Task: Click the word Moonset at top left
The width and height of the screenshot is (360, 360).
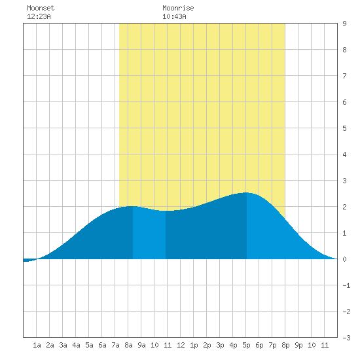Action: coord(41,8)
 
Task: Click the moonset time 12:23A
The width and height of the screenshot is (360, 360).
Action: coord(39,16)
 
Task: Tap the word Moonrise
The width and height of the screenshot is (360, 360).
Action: coord(178,8)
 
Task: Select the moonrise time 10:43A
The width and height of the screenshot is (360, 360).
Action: coord(174,16)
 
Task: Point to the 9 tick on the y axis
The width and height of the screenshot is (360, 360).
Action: coord(344,24)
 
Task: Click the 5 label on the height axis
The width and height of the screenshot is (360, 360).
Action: coord(344,128)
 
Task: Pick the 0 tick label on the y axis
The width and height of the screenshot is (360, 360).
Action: coord(344,259)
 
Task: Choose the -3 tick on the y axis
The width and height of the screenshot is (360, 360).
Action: coord(346,338)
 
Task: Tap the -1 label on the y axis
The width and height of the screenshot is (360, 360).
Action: coord(346,285)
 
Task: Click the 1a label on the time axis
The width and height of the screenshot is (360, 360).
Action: coord(37,345)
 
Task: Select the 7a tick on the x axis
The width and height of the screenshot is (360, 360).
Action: coord(115,345)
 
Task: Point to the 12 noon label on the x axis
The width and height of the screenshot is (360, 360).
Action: coord(181,345)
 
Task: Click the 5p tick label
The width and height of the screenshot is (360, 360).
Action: coord(246,345)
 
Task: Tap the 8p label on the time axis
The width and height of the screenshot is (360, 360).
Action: coord(285,345)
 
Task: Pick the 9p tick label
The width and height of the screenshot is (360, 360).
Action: coord(298,345)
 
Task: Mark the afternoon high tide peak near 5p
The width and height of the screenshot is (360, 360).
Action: coord(246,192)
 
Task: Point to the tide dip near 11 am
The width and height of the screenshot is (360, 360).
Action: coord(166,211)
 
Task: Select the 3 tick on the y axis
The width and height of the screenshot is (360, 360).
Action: coord(344,181)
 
